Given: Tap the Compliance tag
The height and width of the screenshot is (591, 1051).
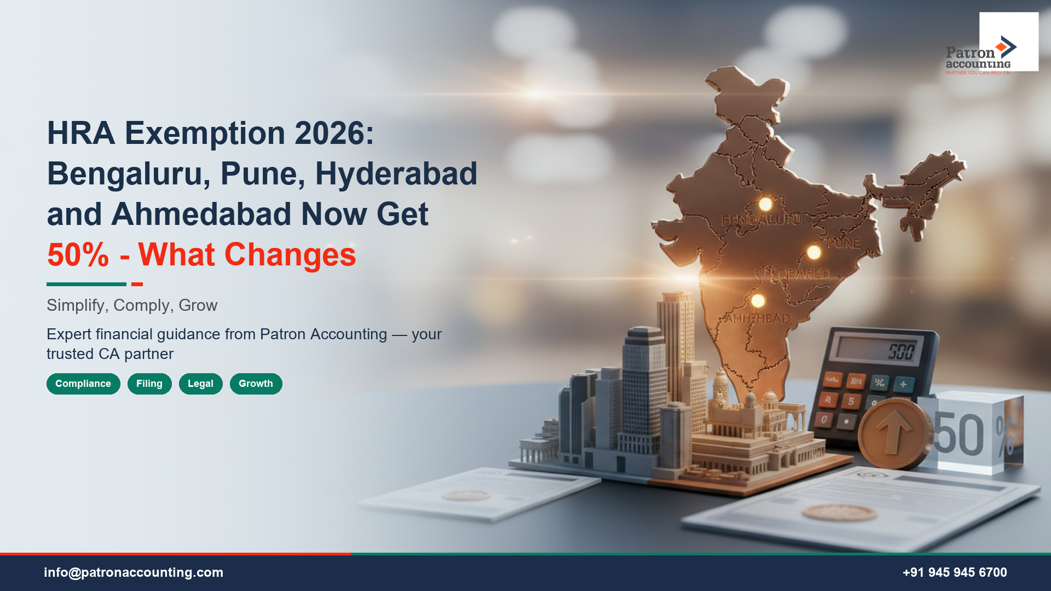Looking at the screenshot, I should [x=83, y=384].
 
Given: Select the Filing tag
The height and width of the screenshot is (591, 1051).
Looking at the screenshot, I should [x=149, y=384].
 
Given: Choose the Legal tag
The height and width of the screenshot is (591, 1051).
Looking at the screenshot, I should [x=200, y=384].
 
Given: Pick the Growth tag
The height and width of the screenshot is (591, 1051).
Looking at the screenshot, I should [x=256, y=384].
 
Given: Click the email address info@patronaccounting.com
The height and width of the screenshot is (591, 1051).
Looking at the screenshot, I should [x=134, y=572].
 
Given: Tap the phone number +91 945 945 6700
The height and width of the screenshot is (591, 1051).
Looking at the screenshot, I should [x=955, y=572].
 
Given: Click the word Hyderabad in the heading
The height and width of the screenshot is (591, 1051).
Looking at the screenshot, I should [x=396, y=173].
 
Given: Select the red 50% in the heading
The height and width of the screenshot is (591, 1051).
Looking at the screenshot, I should [x=78, y=255].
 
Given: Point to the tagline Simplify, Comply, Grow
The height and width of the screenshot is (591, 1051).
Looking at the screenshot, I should [x=132, y=305].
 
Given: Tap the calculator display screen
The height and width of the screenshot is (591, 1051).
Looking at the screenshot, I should [x=878, y=349].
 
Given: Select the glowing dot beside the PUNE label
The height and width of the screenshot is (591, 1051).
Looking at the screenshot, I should [x=814, y=252].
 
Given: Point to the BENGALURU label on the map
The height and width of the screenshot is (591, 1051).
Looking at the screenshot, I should [x=761, y=221].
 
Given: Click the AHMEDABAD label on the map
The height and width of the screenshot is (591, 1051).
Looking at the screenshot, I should [x=758, y=318].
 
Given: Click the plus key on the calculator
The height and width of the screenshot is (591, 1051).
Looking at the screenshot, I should [x=903, y=384].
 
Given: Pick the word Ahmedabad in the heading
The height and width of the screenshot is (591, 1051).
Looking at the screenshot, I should [x=201, y=214].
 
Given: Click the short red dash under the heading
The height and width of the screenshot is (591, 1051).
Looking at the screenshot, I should [x=137, y=284].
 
